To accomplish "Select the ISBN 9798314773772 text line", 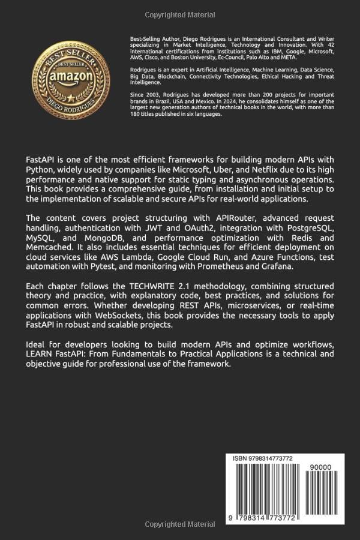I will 263,458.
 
